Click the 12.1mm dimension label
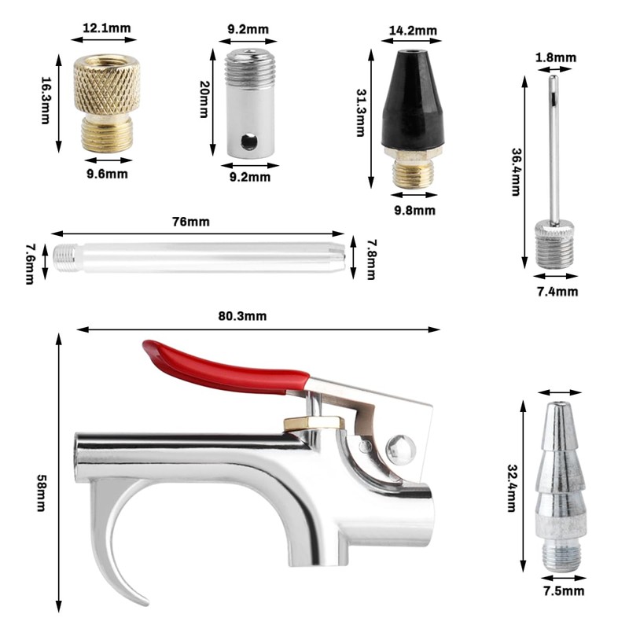[x=107, y=28]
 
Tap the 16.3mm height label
[x=46, y=101]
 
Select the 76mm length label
[x=191, y=222]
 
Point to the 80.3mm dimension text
[x=242, y=316]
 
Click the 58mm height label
[x=42, y=493]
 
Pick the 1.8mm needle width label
[x=556, y=57]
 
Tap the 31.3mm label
[x=361, y=113]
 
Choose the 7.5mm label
[x=564, y=591]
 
